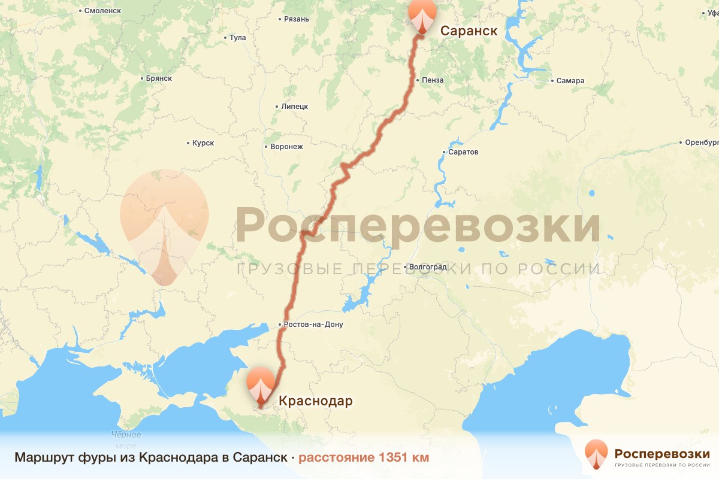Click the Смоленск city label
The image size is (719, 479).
tap(102, 11)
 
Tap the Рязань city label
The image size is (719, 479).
tap(297, 19)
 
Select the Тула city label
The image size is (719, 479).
tap(237, 38)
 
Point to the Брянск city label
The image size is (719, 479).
tap(159, 78)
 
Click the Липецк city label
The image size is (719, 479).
tap(294, 107)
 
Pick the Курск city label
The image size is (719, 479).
tap(203, 144)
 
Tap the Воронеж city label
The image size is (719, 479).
tap(287, 147)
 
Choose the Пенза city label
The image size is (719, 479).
tap(433, 80)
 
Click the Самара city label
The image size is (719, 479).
tap(570, 81)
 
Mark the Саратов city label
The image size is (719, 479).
tap(463, 152)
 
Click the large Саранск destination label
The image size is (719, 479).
tap(469, 31)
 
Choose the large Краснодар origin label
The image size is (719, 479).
tap(315, 401)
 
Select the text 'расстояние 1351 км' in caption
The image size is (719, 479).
tap(364, 458)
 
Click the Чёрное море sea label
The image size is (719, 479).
tap(126, 439)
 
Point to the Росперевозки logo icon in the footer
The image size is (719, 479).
tap(597, 455)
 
